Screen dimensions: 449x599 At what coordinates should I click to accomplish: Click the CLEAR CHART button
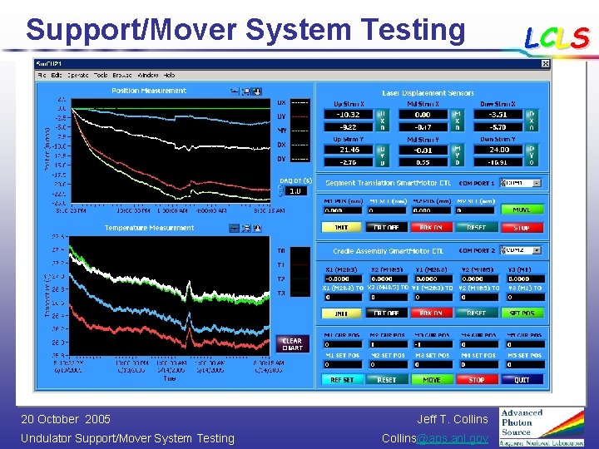click(292, 343)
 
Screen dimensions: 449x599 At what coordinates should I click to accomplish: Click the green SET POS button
click(522, 313)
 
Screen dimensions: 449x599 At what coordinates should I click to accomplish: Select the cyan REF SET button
click(342, 379)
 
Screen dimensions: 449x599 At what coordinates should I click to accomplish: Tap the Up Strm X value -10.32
click(348, 114)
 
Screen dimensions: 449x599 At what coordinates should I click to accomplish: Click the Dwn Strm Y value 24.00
click(499, 149)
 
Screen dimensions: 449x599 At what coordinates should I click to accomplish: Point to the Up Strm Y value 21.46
click(348, 149)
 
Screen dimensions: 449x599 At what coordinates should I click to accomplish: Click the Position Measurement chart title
click(149, 91)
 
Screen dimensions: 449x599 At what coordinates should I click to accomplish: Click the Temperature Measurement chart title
click(149, 227)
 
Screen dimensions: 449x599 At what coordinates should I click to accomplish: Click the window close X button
click(545, 64)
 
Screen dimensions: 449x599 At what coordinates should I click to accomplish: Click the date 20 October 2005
click(66, 419)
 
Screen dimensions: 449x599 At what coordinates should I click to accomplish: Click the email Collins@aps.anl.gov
click(435, 438)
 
